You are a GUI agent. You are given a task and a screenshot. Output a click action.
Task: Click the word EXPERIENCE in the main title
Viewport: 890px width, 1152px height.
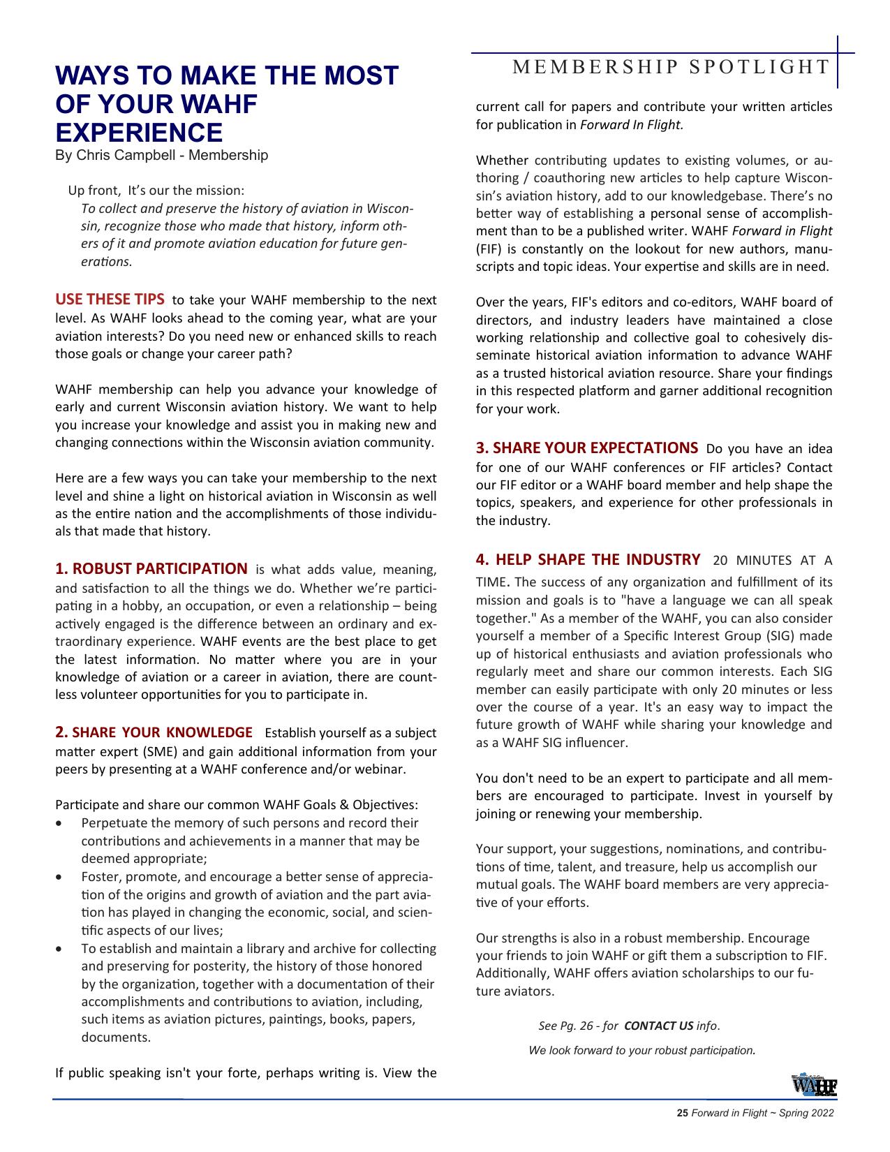tap(139, 132)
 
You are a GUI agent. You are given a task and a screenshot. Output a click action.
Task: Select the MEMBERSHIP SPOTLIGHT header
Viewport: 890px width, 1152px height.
tap(671, 67)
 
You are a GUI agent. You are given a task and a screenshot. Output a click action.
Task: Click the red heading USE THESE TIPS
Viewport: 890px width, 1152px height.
tap(110, 300)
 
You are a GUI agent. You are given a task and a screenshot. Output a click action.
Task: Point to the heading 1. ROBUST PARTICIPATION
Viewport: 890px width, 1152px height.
tap(151, 568)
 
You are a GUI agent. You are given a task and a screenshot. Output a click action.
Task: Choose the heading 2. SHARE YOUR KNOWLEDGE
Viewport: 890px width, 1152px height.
tap(154, 732)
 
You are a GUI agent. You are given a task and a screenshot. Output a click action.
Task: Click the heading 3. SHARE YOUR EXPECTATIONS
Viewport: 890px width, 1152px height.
tap(586, 448)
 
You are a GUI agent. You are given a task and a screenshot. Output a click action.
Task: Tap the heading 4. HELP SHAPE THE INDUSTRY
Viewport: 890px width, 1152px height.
tap(588, 559)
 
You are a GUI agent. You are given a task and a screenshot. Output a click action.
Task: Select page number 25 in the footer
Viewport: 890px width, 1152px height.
tap(683, 1114)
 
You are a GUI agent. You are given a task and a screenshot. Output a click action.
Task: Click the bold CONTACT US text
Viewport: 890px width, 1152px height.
tap(658, 1026)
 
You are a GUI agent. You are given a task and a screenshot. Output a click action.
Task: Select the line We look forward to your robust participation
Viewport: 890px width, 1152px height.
tap(641, 1050)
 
